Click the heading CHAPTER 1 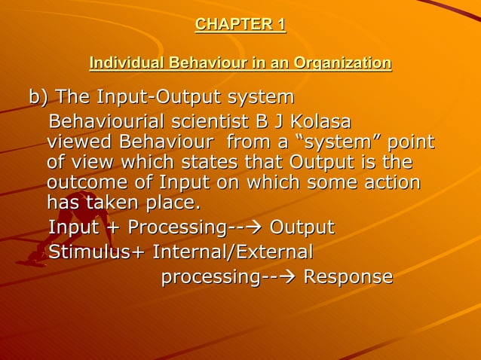[240, 25]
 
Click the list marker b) [38, 98]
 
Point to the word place [173, 203]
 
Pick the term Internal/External [233, 251]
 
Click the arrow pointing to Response [286, 277]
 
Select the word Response [348, 276]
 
